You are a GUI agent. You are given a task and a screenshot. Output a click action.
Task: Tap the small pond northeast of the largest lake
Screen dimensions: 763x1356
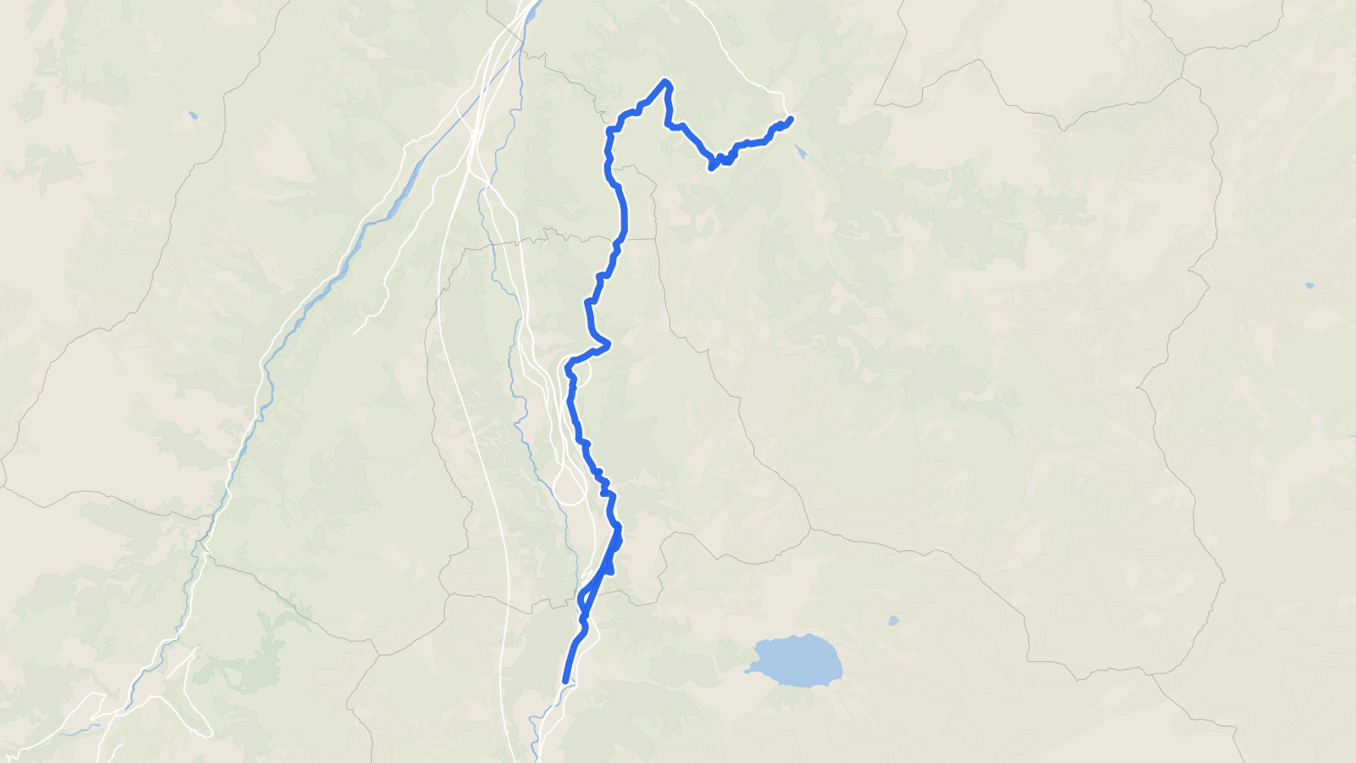point(893,621)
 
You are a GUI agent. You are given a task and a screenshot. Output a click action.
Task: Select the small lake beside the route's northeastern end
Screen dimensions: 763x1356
point(801,153)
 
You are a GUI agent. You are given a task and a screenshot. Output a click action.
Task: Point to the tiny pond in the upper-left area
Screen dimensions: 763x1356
point(193,114)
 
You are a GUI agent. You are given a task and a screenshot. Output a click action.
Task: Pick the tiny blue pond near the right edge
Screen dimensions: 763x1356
point(1309,286)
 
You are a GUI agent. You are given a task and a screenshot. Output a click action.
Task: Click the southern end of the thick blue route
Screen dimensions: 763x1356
point(565,680)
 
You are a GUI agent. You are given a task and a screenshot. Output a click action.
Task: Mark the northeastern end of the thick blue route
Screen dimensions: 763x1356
point(791,119)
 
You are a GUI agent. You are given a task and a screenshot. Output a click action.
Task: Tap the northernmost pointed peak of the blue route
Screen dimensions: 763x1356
point(666,81)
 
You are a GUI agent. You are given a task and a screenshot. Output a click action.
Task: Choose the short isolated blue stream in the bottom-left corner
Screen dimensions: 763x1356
point(81,729)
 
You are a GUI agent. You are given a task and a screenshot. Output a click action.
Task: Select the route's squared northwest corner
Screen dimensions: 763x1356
point(609,130)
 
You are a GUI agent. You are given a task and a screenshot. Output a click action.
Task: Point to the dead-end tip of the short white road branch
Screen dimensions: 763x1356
point(355,332)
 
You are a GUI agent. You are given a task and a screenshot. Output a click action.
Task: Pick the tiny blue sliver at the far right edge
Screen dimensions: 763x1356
point(1353,436)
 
